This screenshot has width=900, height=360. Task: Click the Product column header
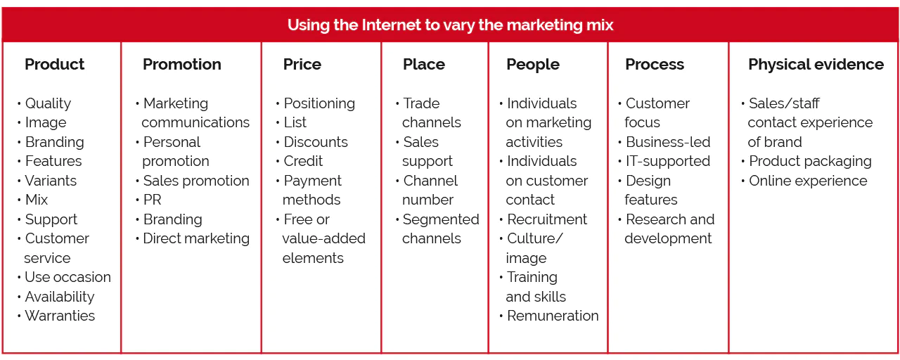pyautogui.click(x=54, y=64)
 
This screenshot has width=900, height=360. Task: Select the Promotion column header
pyautogui.click(x=182, y=64)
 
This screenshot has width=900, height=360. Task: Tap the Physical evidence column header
pyautogui.click(x=816, y=65)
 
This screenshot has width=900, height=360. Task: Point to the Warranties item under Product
pyautogui.click(x=60, y=316)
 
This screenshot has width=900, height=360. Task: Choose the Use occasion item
pyautogui.click(x=67, y=277)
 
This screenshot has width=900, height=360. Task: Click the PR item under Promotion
pyautogui.click(x=153, y=200)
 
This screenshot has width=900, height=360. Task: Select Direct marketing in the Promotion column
pyautogui.click(x=196, y=238)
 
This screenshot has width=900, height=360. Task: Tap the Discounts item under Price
pyautogui.click(x=316, y=142)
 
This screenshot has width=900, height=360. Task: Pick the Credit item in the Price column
pyautogui.click(x=303, y=161)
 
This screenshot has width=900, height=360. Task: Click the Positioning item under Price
pyautogui.click(x=319, y=103)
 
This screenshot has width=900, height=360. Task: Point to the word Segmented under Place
pyautogui.click(x=441, y=220)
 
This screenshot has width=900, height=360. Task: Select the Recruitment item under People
pyautogui.click(x=547, y=219)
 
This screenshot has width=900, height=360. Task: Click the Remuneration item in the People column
pyautogui.click(x=553, y=316)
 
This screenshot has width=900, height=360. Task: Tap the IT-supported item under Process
pyautogui.click(x=668, y=162)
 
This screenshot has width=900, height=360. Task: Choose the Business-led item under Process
pyautogui.click(x=668, y=142)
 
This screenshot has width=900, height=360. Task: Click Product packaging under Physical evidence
pyautogui.click(x=810, y=162)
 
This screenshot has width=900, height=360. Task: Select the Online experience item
pyautogui.click(x=808, y=181)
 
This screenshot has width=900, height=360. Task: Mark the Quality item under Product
pyautogui.click(x=48, y=103)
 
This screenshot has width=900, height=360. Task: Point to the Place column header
pyautogui.click(x=424, y=64)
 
